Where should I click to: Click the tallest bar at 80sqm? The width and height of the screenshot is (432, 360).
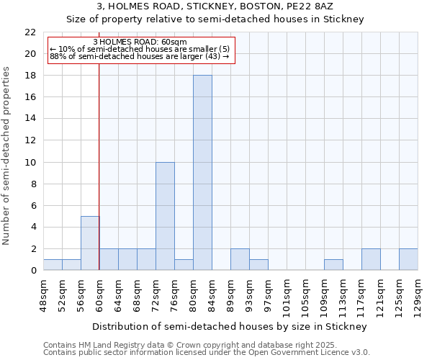click(202, 173)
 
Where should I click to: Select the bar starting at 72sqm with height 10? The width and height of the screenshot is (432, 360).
click(165, 216)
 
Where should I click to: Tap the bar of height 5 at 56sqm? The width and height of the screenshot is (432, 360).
click(90, 243)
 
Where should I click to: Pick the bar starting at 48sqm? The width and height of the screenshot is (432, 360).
click(53, 264)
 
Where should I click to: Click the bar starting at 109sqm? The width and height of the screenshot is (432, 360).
click(333, 264)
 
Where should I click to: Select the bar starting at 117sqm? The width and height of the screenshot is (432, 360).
click(371, 259)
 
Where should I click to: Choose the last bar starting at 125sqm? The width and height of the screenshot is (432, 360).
click(408, 259)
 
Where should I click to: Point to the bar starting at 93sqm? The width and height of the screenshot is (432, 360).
click(258, 264)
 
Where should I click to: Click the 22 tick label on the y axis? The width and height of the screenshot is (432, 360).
click(30, 32)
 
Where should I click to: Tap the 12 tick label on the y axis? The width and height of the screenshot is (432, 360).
click(30, 140)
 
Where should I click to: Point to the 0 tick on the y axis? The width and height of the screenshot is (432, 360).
click(33, 271)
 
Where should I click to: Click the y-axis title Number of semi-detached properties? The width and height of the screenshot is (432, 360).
click(7, 156)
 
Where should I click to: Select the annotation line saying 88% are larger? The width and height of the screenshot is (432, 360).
click(139, 56)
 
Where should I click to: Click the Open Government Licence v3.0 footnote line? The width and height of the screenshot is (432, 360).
click(207, 353)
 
